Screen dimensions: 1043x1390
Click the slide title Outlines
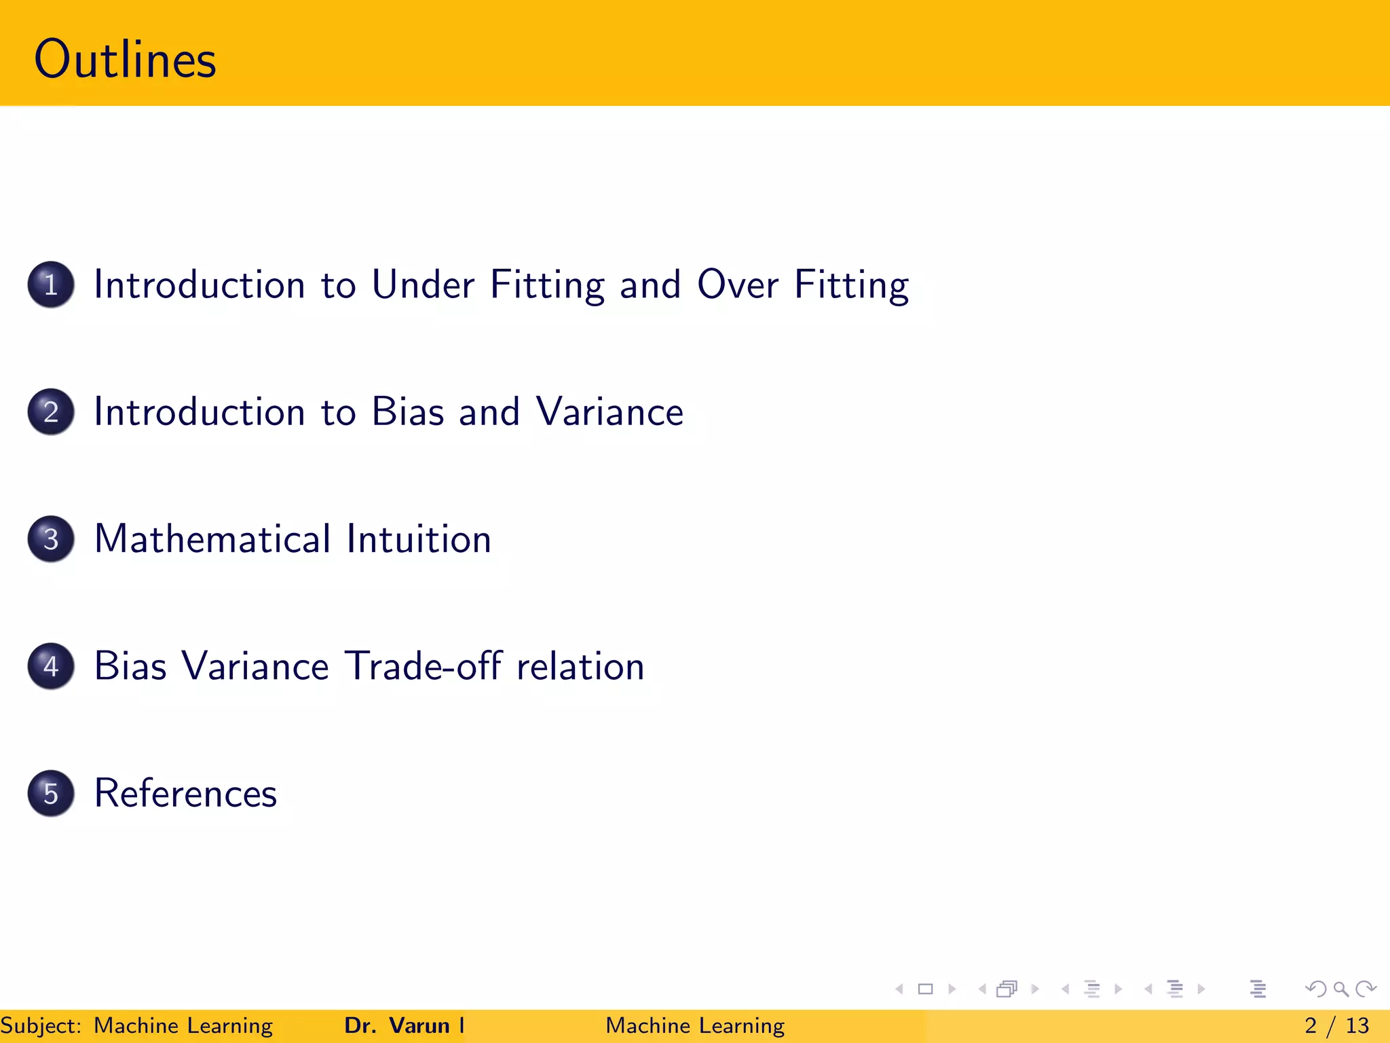click(125, 60)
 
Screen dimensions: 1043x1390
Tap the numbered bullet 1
click(51, 285)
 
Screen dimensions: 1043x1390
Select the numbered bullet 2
click(51, 411)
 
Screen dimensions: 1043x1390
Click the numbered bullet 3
click(51, 539)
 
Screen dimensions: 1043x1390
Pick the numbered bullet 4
click(51, 666)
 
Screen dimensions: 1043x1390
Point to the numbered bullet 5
click(51, 793)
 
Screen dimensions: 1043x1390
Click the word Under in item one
click(423, 285)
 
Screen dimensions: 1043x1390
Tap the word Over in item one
click(738, 285)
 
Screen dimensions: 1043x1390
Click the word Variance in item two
click(609, 412)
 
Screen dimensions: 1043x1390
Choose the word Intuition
click(419, 539)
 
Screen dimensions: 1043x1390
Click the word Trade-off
click(424, 666)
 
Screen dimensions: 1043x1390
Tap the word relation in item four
click(580, 666)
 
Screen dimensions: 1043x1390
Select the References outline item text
click(185, 793)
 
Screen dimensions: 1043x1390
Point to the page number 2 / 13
click(1336, 1025)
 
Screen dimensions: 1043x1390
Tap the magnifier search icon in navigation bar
click(1340, 989)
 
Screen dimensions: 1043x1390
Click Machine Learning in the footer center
click(695, 1025)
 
